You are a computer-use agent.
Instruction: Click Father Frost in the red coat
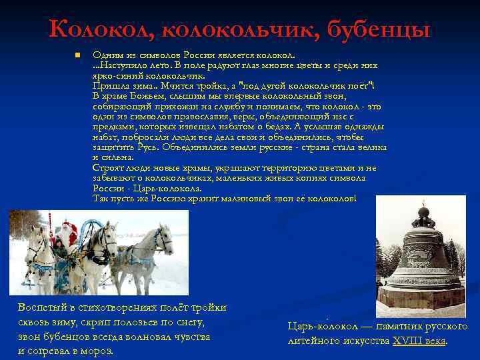67,237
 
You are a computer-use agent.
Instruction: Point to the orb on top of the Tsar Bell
422,214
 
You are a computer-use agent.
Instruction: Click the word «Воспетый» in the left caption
40,307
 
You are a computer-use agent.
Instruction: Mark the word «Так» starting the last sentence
101,199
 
